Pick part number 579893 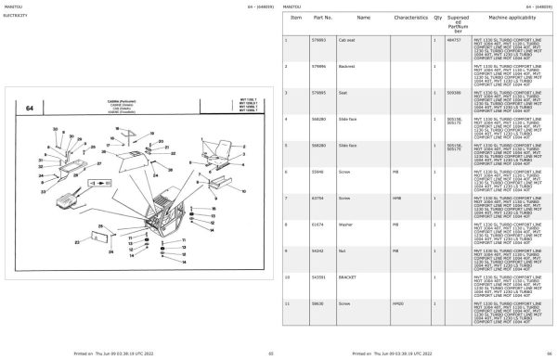320,40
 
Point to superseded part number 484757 455,40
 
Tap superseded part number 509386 455,93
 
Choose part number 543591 320,277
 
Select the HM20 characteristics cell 396,303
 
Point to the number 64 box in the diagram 31,109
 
